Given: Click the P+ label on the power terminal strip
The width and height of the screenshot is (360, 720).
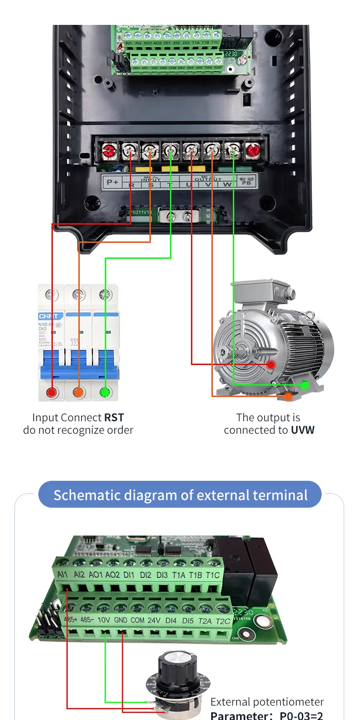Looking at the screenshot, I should pyautogui.click(x=112, y=182).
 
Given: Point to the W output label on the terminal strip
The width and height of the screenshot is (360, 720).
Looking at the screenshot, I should pyautogui.click(x=227, y=184).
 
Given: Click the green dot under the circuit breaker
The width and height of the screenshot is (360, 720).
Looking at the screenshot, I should pyautogui.click(x=105, y=392).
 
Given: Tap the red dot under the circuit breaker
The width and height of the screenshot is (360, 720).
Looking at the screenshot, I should pyautogui.click(x=51, y=392).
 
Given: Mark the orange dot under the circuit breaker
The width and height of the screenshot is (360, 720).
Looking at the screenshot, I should pyautogui.click(x=78, y=392).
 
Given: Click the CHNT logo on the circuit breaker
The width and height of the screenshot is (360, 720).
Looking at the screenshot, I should pyautogui.click(x=48, y=317).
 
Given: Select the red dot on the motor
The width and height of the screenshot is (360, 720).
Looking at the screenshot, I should pyautogui.click(x=271, y=365).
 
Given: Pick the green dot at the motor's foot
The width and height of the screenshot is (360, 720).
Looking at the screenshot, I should pyautogui.click(x=304, y=385).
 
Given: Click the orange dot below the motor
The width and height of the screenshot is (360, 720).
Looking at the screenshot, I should pyautogui.click(x=288, y=396).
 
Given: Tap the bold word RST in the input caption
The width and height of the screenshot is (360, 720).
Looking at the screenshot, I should pyautogui.click(x=114, y=418).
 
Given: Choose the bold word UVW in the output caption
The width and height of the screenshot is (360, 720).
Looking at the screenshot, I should pyautogui.click(x=302, y=430).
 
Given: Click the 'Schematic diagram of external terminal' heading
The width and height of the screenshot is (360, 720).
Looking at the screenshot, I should pyautogui.click(x=180, y=495).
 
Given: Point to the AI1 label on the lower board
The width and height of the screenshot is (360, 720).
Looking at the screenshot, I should pyautogui.click(x=62, y=574).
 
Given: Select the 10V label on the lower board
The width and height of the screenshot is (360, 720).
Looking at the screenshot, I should pyautogui.click(x=104, y=620).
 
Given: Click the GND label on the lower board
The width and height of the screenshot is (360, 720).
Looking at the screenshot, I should pyautogui.click(x=120, y=620).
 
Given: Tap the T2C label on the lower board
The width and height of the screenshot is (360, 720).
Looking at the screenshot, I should pyautogui.click(x=223, y=621).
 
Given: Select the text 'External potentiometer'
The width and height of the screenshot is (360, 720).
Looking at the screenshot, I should pyautogui.click(x=267, y=702).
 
